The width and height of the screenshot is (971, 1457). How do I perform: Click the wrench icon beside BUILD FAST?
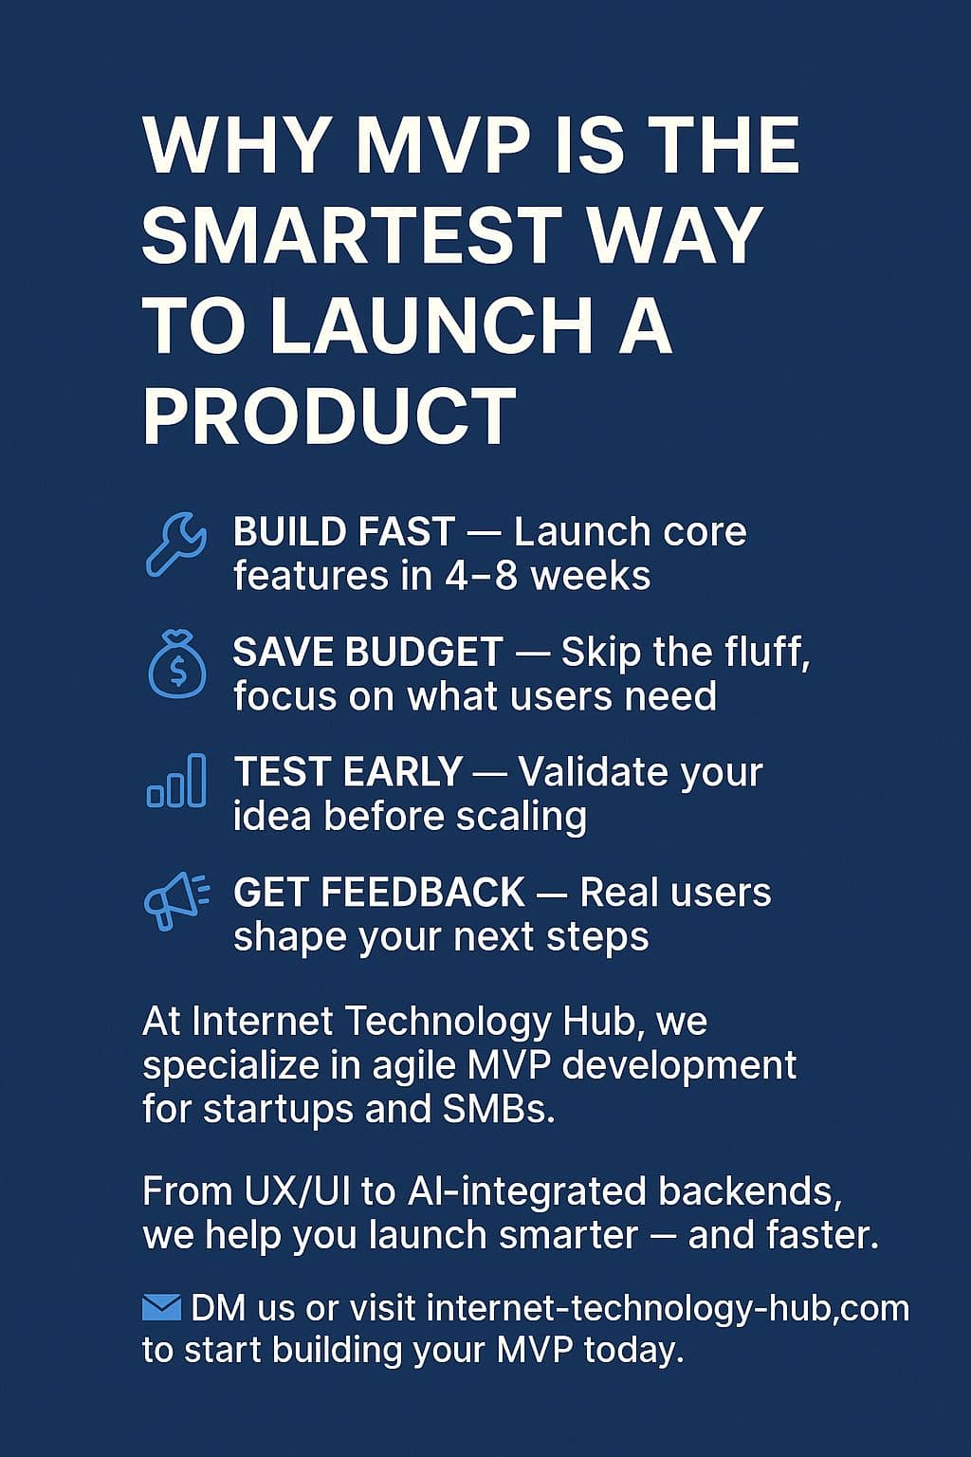(175, 544)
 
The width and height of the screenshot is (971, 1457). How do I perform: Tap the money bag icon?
(177, 665)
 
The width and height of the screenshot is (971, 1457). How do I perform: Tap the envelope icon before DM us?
(161, 1308)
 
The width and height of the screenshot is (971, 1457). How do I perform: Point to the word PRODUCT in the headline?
(329, 416)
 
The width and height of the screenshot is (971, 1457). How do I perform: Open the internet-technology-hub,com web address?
(668, 1308)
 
